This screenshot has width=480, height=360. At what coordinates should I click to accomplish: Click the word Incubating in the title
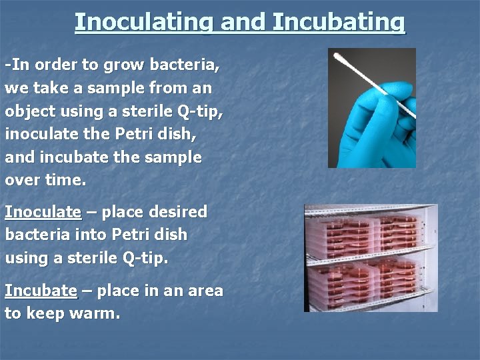[339, 22]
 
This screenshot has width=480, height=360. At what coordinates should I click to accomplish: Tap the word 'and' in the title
[243, 22]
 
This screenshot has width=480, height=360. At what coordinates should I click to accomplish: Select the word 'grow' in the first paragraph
[127, 65]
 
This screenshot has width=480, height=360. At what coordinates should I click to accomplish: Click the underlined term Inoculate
[43, 212]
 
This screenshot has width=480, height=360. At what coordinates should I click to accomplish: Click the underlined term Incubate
[41, 291]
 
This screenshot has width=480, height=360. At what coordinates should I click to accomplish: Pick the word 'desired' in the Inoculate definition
[180, 212]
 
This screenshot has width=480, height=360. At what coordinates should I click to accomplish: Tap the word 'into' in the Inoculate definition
[89, 235]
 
